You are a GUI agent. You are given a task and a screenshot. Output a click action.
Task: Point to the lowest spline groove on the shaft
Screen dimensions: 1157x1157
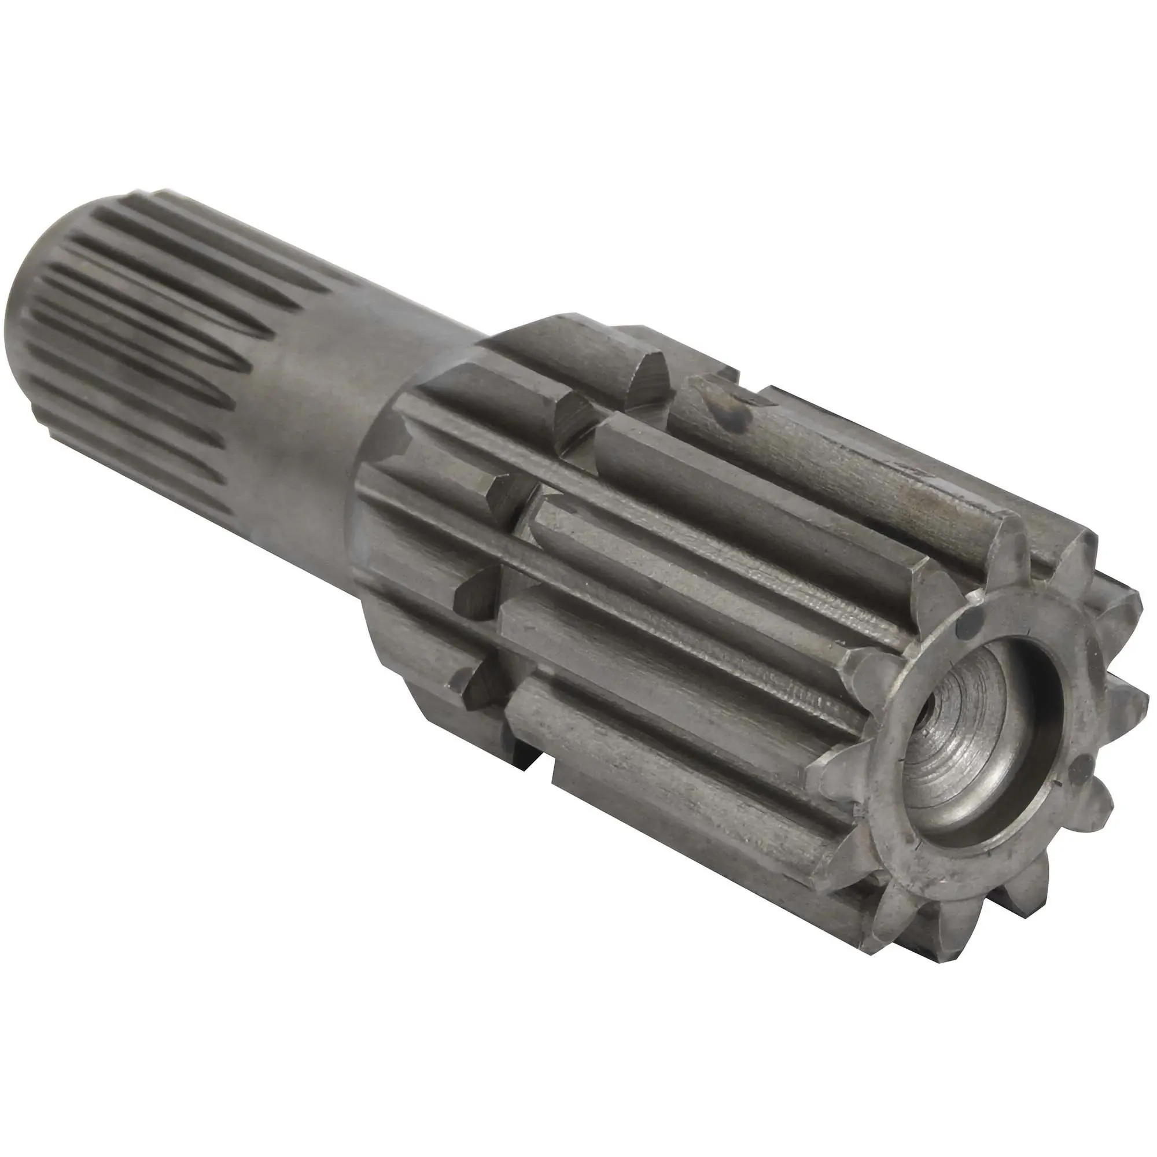click(180, 497)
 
